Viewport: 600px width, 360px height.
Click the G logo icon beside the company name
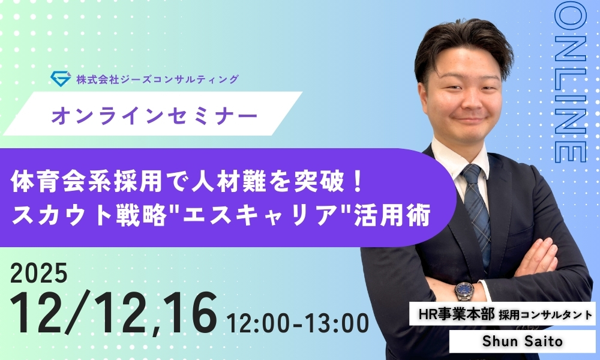(61, 78)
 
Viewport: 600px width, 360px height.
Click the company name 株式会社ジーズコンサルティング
(157, 79)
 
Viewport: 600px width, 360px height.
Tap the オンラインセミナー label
(155, 114)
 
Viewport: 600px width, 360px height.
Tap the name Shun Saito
(515, 341)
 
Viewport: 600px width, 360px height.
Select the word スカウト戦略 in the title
(82, 217)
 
